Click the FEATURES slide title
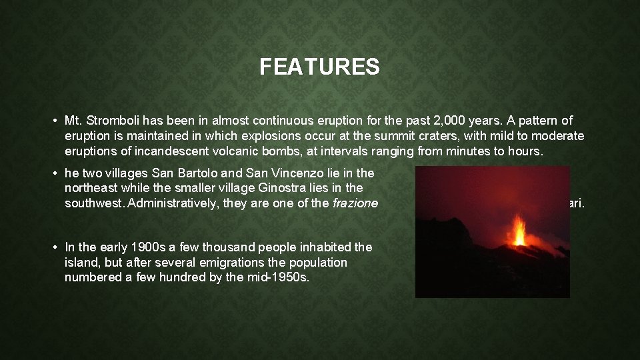point(319,67)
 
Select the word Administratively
point(173,203)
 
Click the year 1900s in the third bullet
point(137,247)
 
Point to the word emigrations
point(217,262)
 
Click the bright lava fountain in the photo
point(518,231)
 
